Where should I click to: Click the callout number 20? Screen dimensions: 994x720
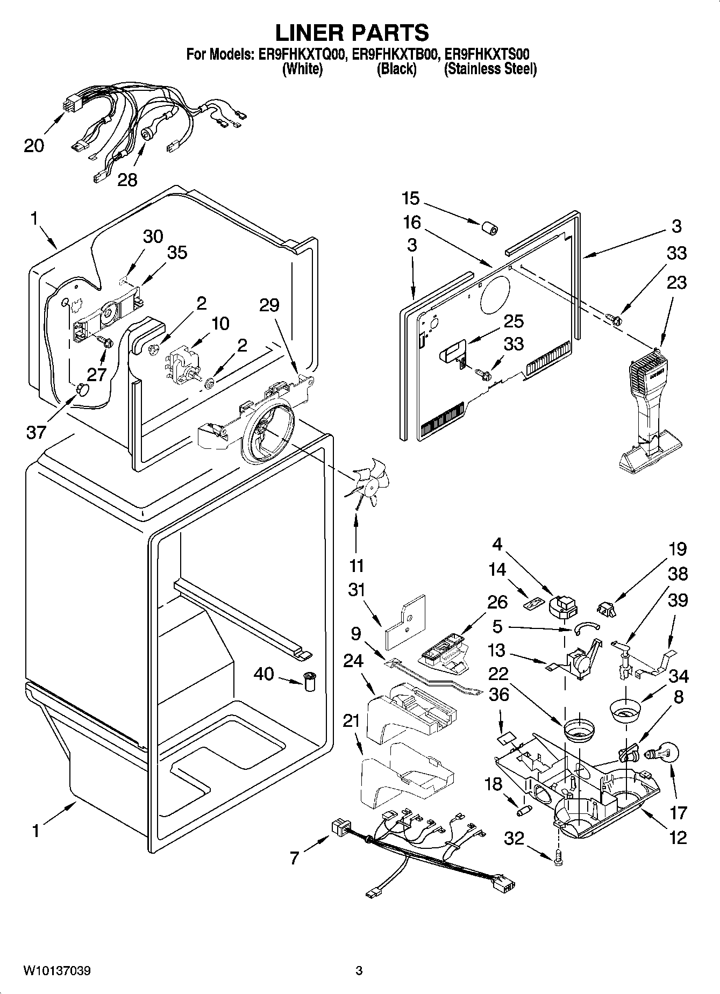(x=33, y=145)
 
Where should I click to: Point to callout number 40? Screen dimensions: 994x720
(x=263, y=674)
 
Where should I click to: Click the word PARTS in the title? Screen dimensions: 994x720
(x=390, y=33)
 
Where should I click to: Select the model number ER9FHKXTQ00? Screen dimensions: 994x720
(x=297, y=54)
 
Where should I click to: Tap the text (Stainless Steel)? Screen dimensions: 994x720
(x=490, y=69)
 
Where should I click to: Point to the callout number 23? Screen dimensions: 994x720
(x=676, y=282)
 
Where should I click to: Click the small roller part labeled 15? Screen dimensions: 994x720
(x=488, y=229)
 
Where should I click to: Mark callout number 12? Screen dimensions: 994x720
(x=678, y=836)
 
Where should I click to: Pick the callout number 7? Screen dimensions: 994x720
(x=294, y=858)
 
